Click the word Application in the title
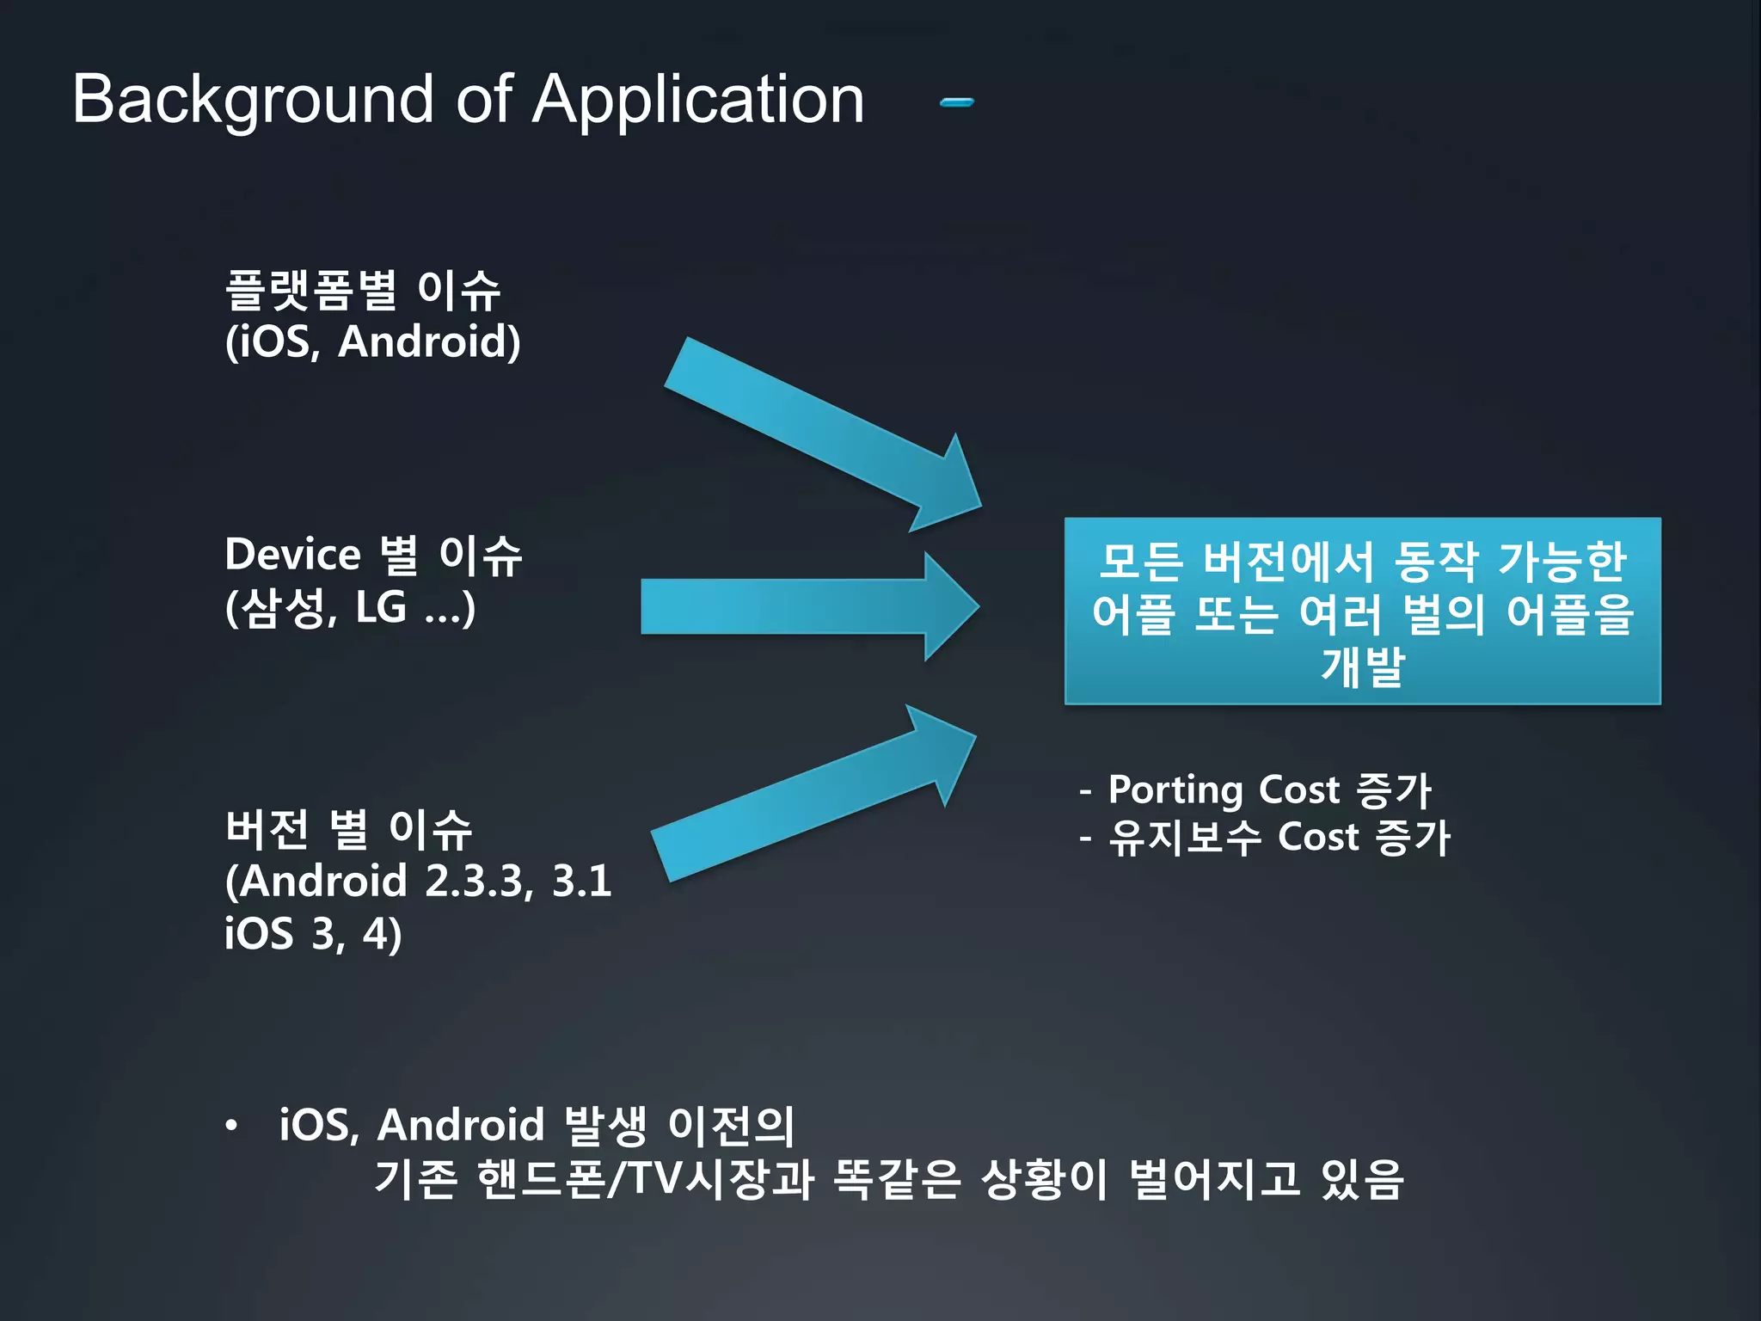[x=697, y=101]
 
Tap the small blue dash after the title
[x=956, y=102]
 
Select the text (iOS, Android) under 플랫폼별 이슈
[x=372, y=342]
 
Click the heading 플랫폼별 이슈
[x=362, y=290]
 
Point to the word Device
[x=292, y=555]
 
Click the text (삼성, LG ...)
[x=349, y=607]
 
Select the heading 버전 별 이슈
[x=348, y=829]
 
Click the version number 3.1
[x=581, y=882]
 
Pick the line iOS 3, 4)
[x=313, y=934]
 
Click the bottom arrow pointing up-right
[x=808, y=796]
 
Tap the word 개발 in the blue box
[x=1362, y=667]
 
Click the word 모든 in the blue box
[x=1140, y=562]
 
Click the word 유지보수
[x=1184, y=837]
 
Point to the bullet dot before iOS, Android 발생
[x=230, y=1126]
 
